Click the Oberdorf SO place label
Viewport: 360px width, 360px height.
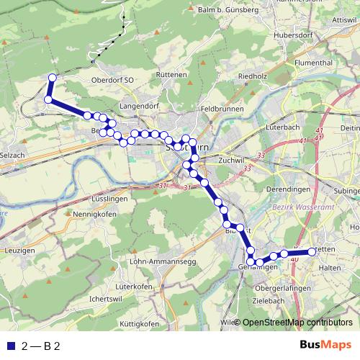[x=114, y=80]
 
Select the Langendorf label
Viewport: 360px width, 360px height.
[x=139, y=106]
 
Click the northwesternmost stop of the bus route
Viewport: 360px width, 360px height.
[x=52, y=78]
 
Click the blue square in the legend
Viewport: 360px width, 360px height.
[x=9, y=346]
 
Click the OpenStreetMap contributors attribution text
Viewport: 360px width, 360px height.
[x=298, y=323]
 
